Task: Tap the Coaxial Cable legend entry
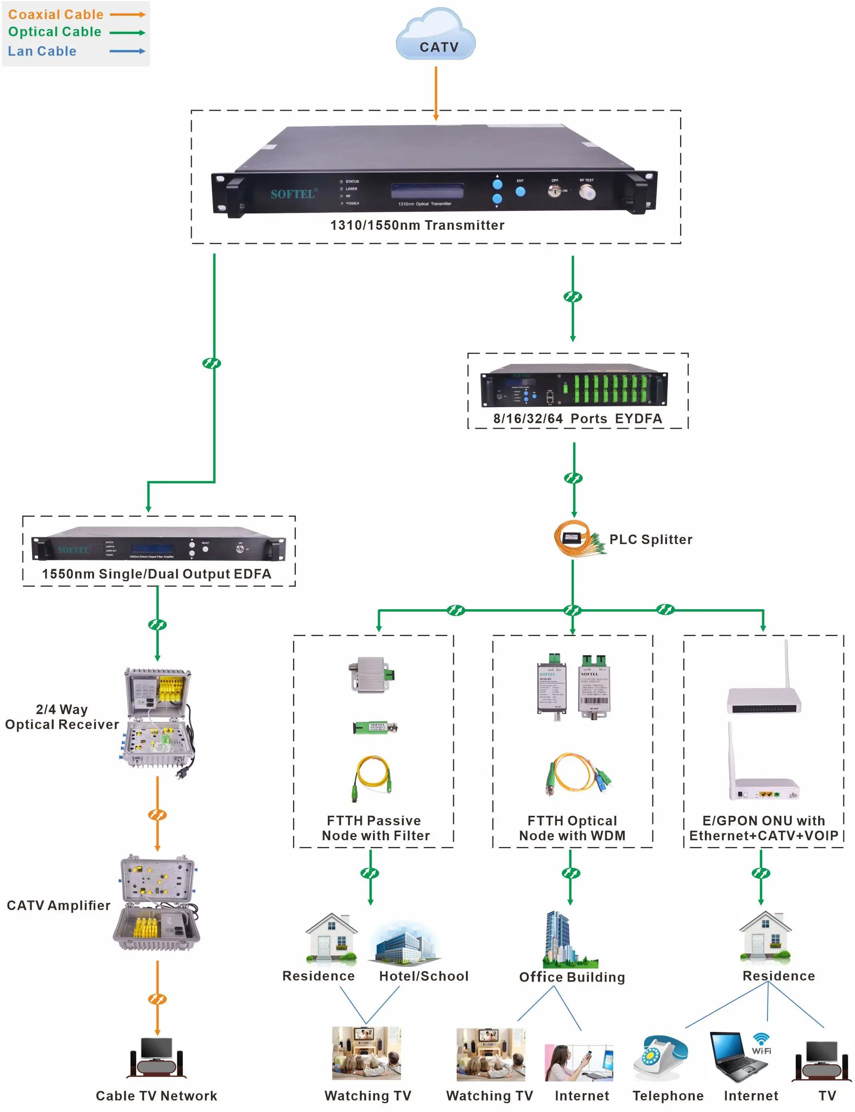56,15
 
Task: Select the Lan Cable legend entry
42,51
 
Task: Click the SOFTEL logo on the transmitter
293,194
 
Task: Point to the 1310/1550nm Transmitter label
417,225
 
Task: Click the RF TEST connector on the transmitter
587,193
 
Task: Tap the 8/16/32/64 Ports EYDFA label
578,418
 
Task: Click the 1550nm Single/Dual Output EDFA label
157,574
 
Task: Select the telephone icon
660,1056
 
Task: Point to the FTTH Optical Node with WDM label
572,828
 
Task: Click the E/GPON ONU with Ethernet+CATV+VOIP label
763,828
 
